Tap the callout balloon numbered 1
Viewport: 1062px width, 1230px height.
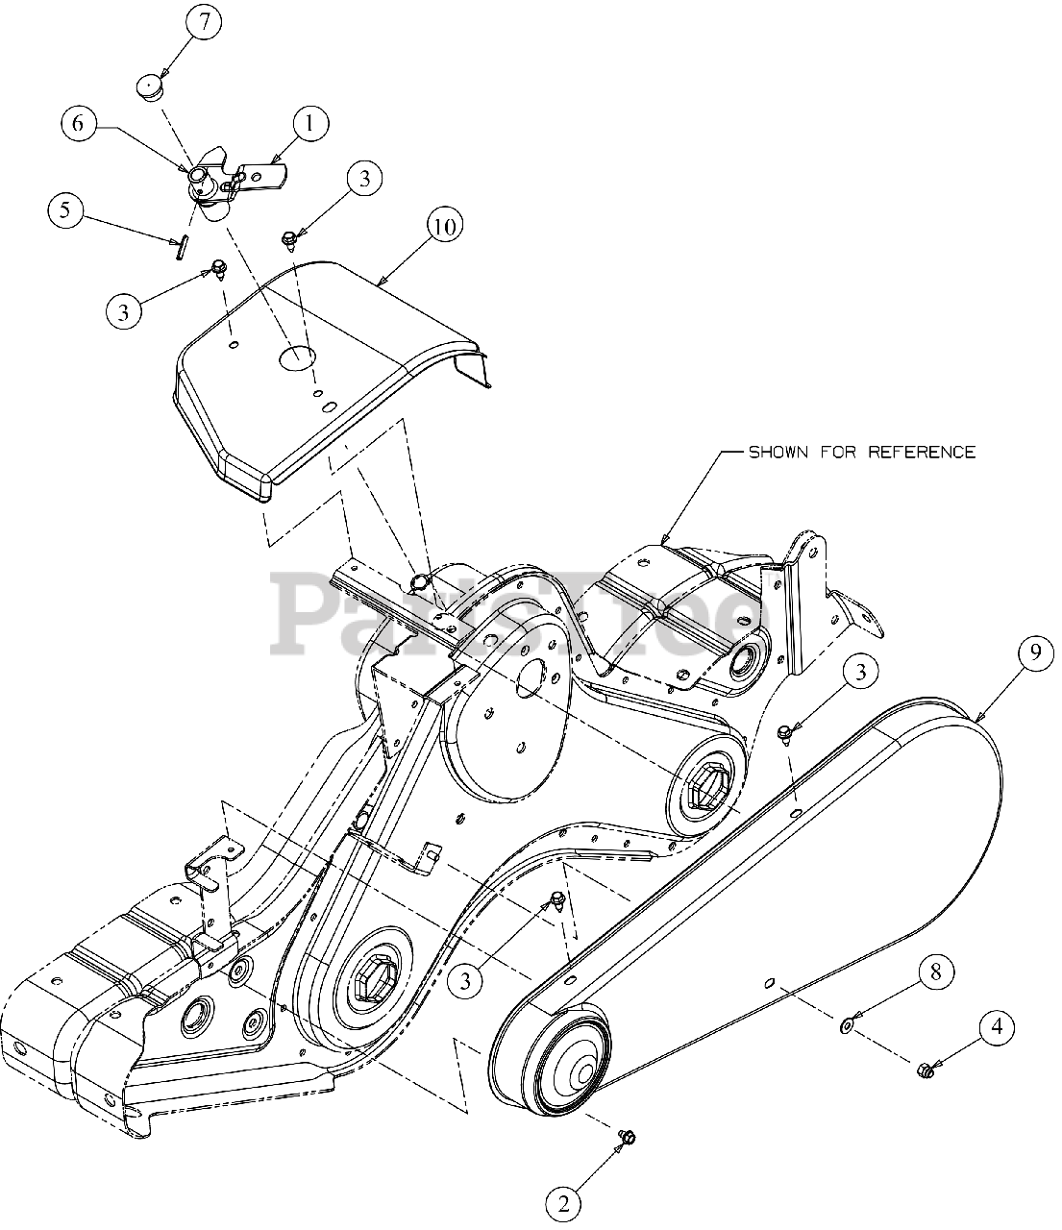coord(309,123)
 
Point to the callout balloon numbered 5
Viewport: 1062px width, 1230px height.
coord(65,210)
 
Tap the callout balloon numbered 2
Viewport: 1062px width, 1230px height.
coord(564,1202)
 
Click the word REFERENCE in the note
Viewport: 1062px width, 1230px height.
coord(922,452)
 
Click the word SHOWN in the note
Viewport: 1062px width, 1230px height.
coord(779,452)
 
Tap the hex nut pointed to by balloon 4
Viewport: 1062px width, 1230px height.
coord(925,1069)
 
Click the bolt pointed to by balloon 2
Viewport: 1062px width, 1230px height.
coord(627,1137)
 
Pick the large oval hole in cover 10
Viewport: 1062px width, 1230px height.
coord(297,357)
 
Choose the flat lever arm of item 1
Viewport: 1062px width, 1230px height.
coord(259,176)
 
